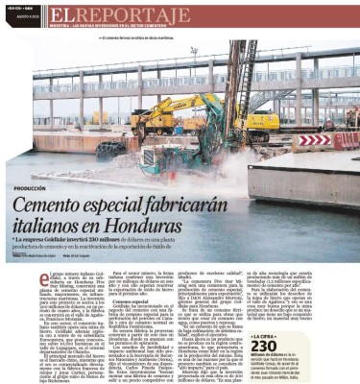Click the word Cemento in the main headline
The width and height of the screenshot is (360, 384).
click(x=80, y=204)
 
